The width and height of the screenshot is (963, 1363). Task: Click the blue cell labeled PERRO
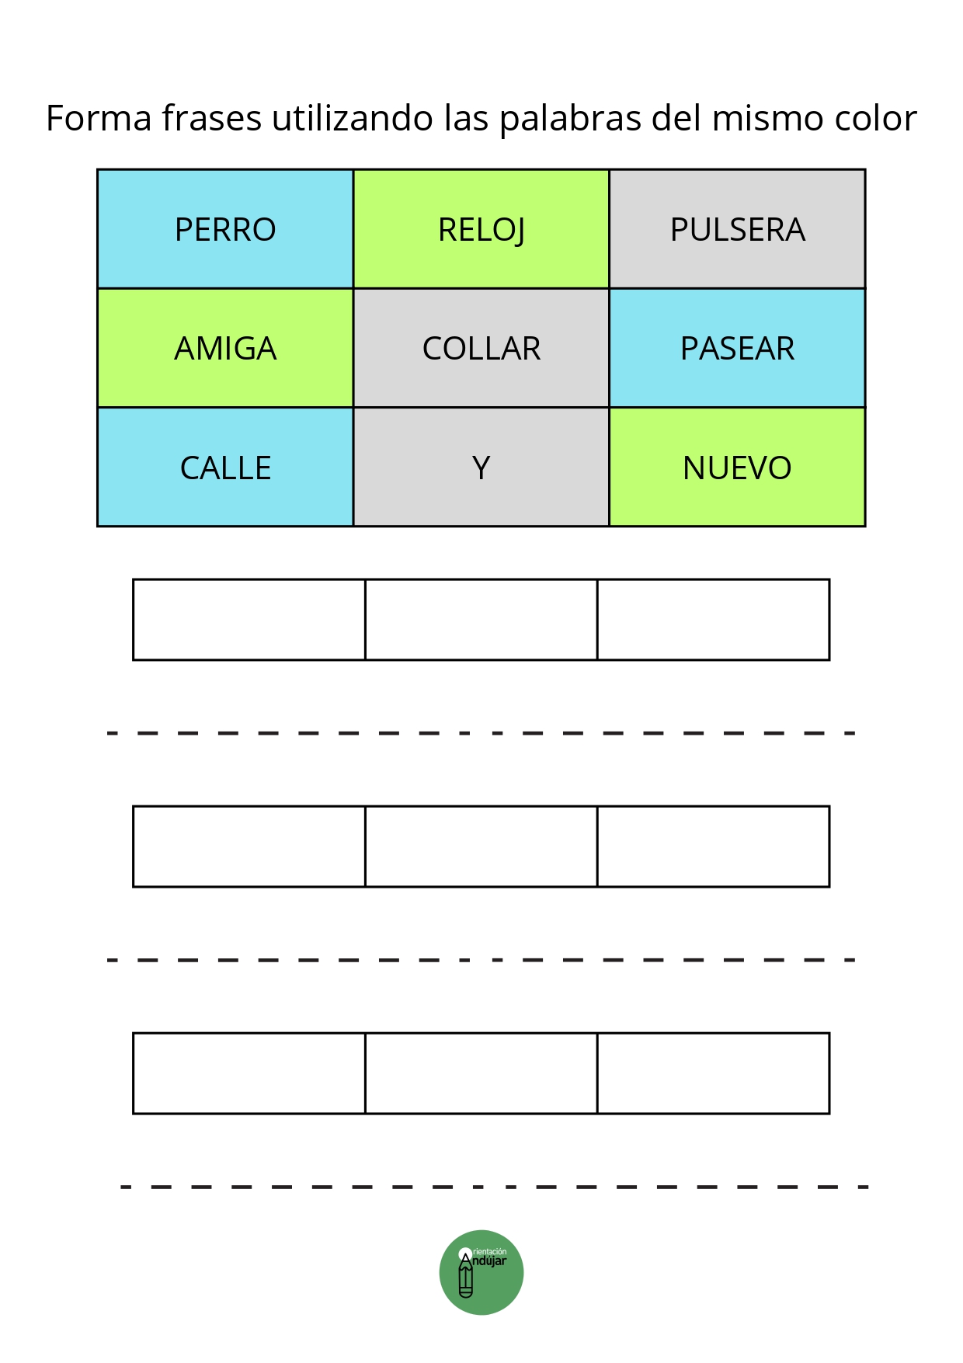(225, 229)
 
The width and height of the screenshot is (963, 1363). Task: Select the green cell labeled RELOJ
(481, 229)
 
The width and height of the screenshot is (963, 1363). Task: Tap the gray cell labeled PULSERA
(737, 229)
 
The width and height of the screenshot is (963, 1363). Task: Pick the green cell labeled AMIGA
(225, 348)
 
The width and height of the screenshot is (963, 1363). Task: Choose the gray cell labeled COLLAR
(481, 348)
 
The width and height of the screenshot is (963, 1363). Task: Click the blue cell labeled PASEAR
(737, 348)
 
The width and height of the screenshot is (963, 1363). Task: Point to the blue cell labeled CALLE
(225, 467)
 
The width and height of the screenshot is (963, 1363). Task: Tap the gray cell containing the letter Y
(481, 467)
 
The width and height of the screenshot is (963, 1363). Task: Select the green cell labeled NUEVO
(737, 467)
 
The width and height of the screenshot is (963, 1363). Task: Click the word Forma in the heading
(99, 119)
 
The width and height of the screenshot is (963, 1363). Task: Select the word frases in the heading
(211, 119)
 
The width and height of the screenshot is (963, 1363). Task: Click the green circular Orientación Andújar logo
(481, 1272)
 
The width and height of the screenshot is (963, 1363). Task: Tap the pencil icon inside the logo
(466, 1274)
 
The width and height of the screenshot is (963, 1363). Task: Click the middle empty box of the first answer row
(481, 620)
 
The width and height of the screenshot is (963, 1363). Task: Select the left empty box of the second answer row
(249, 847)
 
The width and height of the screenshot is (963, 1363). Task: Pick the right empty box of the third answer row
(714, 1073)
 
